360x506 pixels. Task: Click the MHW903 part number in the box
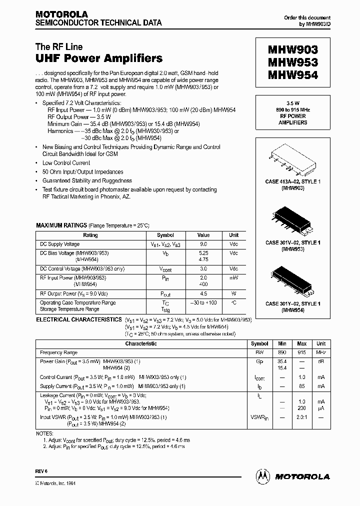click(x=293, y=50)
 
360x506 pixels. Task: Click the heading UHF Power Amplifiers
click(x=99, y=58)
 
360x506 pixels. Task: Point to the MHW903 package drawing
click(x=293, y=158)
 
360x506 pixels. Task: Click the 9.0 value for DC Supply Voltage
click(x=203, y=244)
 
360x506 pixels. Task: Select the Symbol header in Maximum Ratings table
click(x=165, y=235)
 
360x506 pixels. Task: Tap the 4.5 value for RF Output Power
click(x=203, y=293)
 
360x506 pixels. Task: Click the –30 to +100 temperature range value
click(x=203, y=302)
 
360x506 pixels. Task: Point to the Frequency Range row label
click(x=58, y=352)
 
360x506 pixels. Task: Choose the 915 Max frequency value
click(x=302, y=352)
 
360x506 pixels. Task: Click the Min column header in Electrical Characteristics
click(x=282, y=343)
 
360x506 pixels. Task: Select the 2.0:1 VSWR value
click(x=302, y=416)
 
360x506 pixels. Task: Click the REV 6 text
click(x=41, y=471)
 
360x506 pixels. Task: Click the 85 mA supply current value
click(x=302, y=386)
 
